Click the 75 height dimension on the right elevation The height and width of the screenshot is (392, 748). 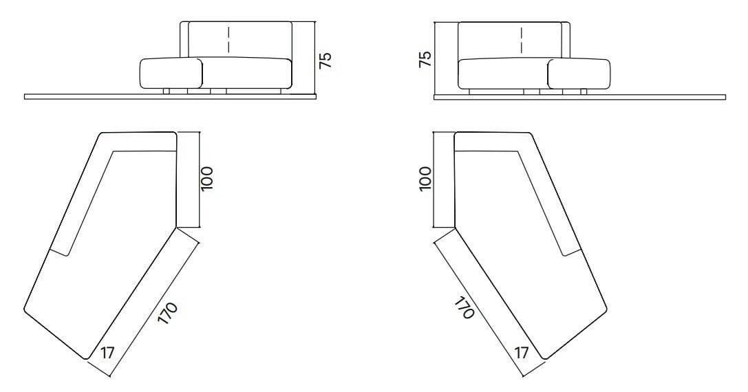click(425, 58)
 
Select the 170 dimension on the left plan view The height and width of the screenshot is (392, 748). click(168, 314)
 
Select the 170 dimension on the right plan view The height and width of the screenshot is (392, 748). click(464, 307)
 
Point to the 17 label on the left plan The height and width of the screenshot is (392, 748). click(107, 353)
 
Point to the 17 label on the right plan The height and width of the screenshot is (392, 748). click(522, 353)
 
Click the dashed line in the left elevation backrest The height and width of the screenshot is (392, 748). click(229, 40)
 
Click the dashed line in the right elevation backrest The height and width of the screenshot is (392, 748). click(522, 40)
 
